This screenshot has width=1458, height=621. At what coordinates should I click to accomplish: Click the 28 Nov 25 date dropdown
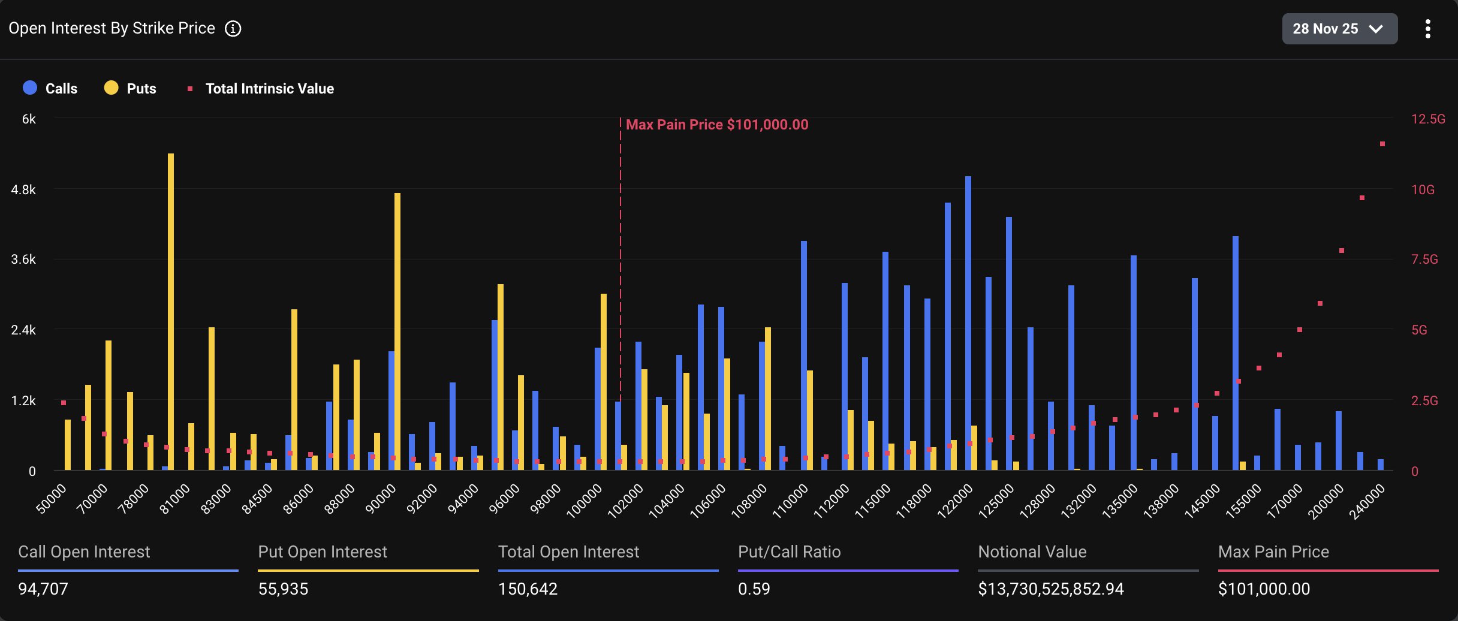(x=1339, y=29)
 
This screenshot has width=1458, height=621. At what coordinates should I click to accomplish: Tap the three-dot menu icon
(x=1427, y=29)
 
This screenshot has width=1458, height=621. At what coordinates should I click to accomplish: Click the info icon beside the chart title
(x=233, y=29)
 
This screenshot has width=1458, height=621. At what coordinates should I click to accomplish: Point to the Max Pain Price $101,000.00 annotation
(x=716, y=125)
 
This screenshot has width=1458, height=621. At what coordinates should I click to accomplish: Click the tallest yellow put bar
(x=171, y=312)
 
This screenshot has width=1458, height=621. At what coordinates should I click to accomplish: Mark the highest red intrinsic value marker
(x=1382, y=144)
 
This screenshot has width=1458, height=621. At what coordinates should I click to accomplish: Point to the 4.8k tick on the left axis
(x=23, y=190)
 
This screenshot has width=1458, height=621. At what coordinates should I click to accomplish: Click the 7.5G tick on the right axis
(x=1424, y=260)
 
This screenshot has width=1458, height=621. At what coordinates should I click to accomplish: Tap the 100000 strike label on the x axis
(x=585, y=501)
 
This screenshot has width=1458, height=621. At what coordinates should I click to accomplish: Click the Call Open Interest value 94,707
(x=43, y=589)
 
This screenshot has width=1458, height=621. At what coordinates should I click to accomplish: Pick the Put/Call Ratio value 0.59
(x=754, y=589)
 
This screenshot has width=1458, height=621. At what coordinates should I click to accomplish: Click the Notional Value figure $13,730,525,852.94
(x=1050, y=589)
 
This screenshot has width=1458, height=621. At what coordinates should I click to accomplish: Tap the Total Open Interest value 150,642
(x=528, y=589)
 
